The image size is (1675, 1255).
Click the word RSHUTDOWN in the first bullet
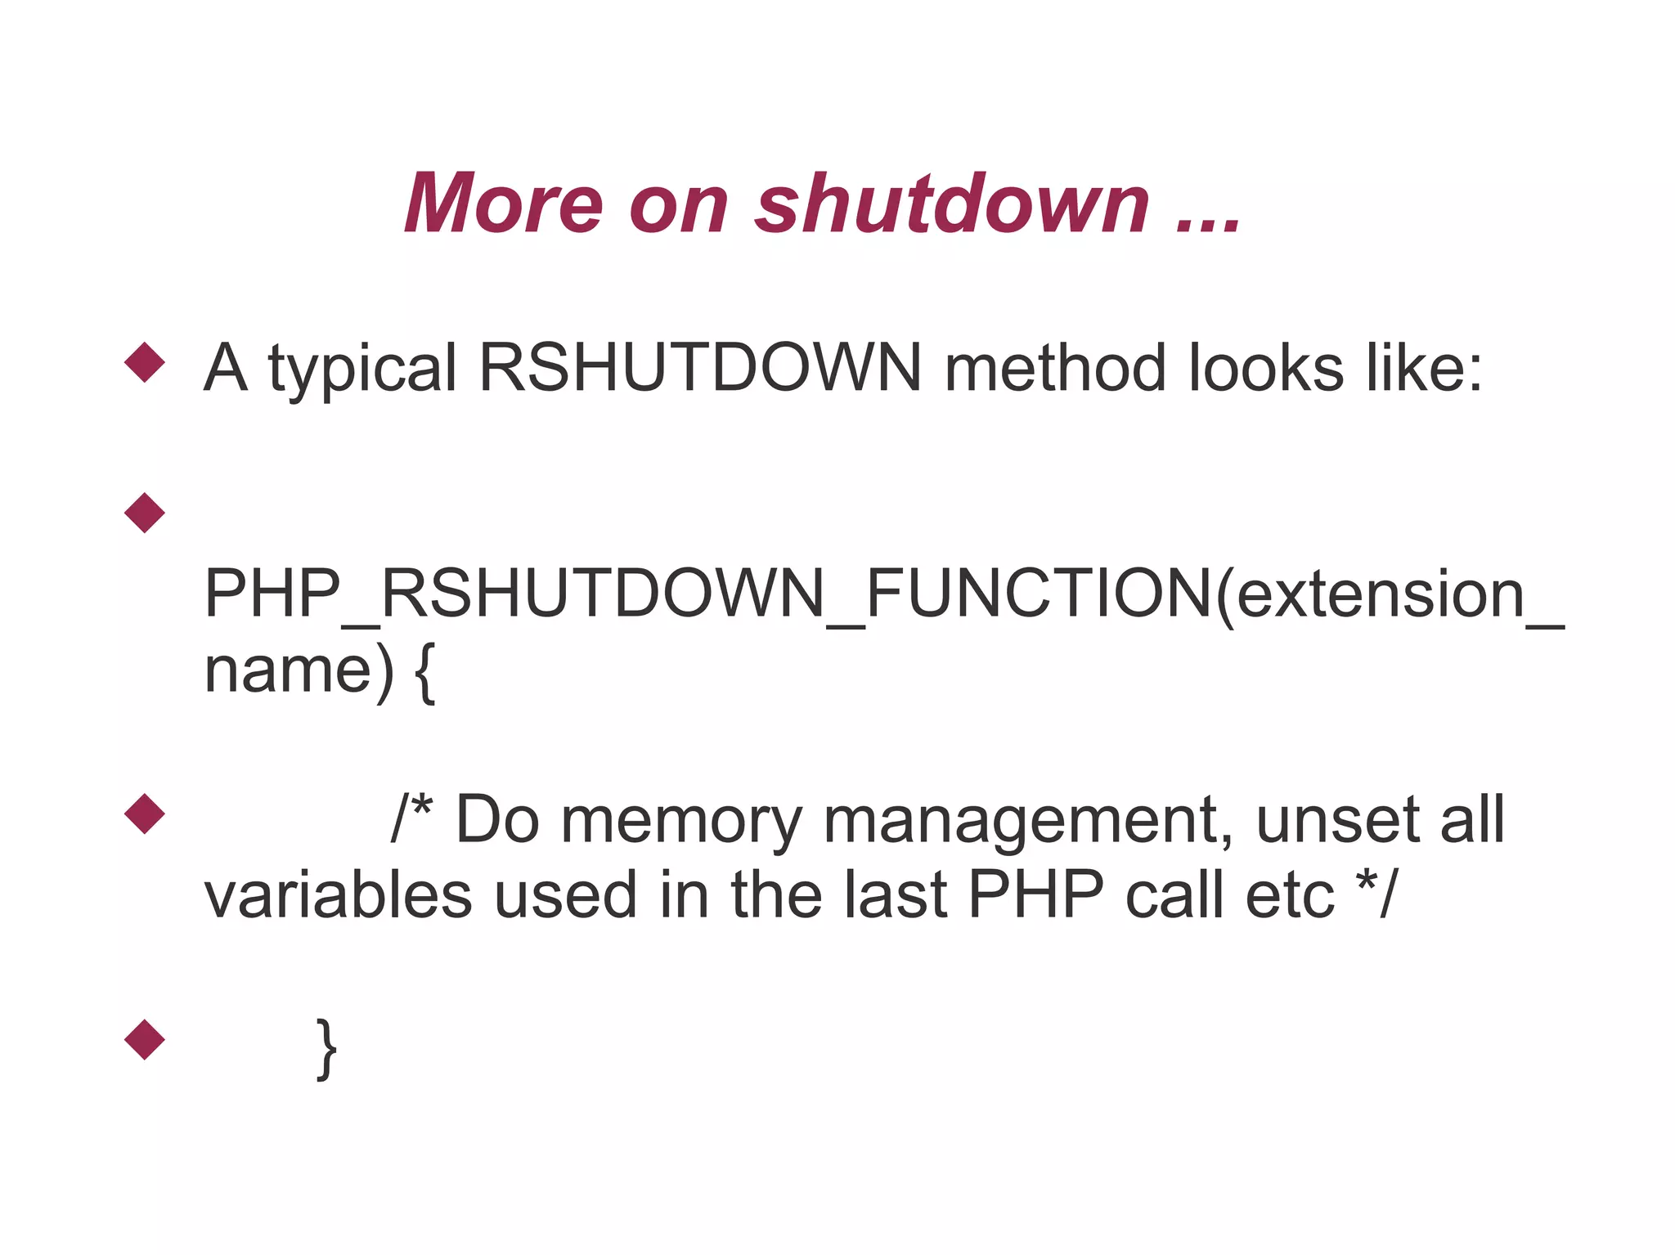tap(700, 368)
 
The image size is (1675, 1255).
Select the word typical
tap(362, 370)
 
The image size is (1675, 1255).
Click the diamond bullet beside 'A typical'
tap(145, 361)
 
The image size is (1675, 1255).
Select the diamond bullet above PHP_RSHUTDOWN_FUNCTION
tap(145, 513)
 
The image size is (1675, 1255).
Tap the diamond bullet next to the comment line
tap(145, 814)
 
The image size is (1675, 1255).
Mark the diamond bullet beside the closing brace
tap(145, 1039)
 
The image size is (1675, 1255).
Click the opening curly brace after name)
tap(424, 672)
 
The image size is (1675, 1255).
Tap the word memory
tap(681, 821)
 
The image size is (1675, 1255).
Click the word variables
tap(338, 894)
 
